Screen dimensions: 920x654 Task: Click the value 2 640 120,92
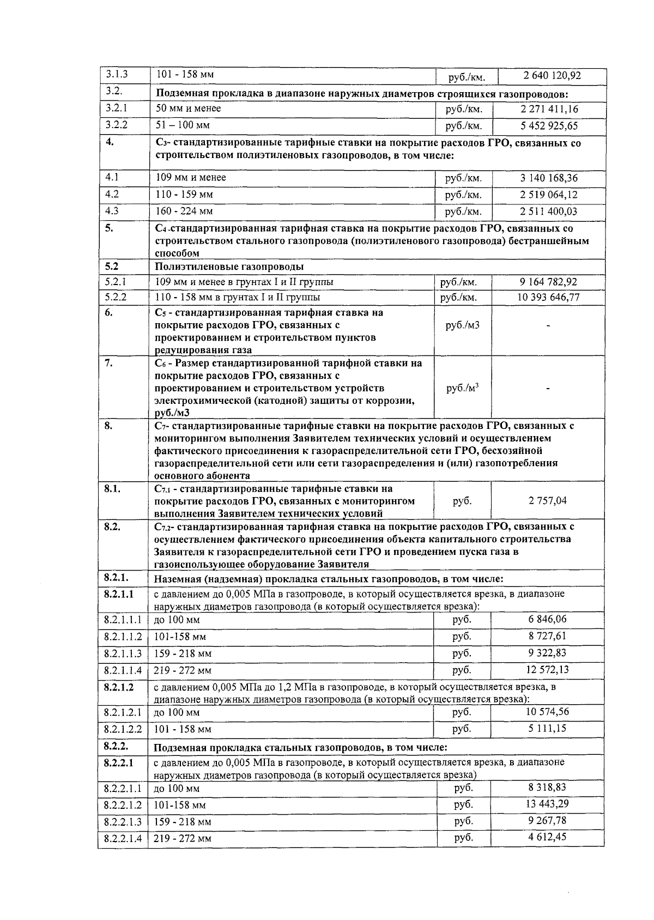(551, 76)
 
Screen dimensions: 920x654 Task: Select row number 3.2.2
(116, 125)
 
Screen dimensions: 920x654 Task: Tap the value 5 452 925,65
(549, 126)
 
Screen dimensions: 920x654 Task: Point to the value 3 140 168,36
(549, 178)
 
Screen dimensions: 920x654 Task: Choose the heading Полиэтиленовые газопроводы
(229, 267)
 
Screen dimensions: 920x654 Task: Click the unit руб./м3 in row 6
(462, 325)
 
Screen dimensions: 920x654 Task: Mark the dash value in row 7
(548, 388)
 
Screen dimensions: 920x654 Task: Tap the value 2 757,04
(547, 500)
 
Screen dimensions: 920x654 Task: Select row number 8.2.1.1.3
(123, 653)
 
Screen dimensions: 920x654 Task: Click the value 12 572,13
(547, 669)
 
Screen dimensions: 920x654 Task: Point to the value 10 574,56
(547, 711)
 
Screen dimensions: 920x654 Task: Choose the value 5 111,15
(547, 728)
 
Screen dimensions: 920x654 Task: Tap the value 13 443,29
(547, 804)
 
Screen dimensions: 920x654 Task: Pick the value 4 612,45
(547, 837)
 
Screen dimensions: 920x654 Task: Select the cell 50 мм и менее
(188, 108)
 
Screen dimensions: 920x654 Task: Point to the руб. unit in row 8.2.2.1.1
(463, 788)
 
